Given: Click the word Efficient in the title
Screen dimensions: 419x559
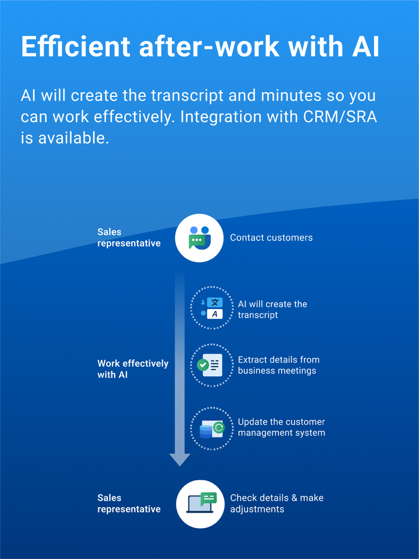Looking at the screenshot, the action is click(x=75, y=47).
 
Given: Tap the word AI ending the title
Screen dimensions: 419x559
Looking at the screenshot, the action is click(x=366, y=47).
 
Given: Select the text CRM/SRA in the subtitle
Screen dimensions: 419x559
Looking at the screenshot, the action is click(x=340, y=117).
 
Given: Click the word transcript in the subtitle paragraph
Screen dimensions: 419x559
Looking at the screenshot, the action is click(x=187, y=96).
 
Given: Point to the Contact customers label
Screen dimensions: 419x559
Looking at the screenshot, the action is click(x=272, y=238).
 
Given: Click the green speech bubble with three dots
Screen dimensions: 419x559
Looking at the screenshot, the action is click(x=197, y=241).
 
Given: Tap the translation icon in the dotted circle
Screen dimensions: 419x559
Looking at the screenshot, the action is click(x=212, y=308).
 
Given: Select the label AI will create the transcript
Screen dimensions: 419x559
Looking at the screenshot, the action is click(x=272, y=309).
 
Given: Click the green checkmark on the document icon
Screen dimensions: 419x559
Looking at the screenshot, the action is click(x=203, y=365).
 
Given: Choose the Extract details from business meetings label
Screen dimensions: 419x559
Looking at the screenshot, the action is click(x=279, y=365).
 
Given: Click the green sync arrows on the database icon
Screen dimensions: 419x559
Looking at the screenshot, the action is click(x=219, y=427).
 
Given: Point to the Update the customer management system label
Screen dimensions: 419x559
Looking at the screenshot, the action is click(x=282, y=427).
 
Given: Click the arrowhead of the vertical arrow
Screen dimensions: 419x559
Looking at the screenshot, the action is click(x=180, y=459).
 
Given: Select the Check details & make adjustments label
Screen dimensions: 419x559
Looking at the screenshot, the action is click(x=277, y=504).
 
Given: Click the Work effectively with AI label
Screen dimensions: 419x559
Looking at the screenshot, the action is click(x=133, y=369).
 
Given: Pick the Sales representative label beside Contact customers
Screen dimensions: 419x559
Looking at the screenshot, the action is click(x=129, y=237).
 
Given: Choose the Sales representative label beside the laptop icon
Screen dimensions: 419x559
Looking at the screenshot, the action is click(x=129, y=504).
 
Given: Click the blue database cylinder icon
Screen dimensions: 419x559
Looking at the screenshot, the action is click(x=206, y=432).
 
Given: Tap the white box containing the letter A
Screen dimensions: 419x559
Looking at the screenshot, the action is click(x=215, y=314).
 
